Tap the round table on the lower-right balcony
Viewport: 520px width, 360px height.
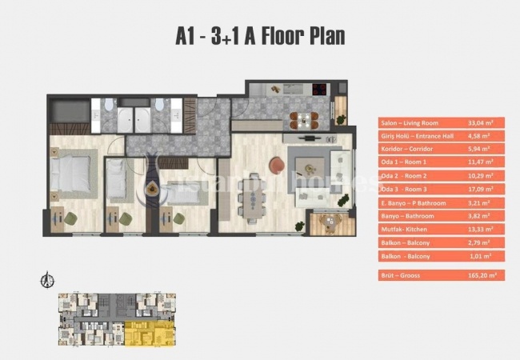click(x=326, y=221)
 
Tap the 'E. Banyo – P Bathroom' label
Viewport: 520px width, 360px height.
click(x=411, y=202)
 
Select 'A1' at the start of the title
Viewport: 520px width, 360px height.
click(x=189, y=37)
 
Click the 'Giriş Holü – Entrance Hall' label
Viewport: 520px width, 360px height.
click(x=414, y=136)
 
